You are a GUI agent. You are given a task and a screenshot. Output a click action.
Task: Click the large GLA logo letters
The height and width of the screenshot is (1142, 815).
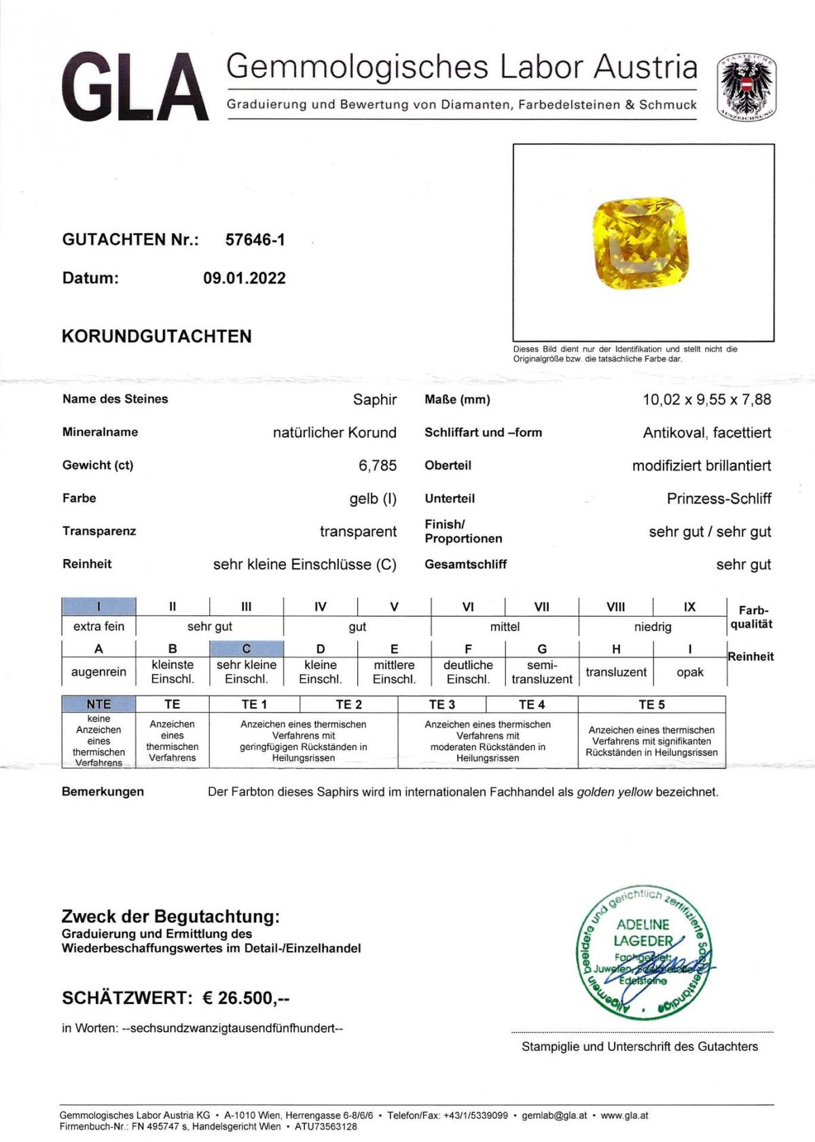[134, 88]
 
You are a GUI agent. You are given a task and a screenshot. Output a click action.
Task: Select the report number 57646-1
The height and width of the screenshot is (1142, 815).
[255, 239]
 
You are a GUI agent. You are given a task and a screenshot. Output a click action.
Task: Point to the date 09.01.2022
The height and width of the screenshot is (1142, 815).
[244, 278]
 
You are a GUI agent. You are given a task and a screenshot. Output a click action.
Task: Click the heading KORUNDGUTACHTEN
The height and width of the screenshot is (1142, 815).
[157, 336]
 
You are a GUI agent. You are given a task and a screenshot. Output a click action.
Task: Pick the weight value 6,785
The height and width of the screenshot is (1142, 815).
[377, 465]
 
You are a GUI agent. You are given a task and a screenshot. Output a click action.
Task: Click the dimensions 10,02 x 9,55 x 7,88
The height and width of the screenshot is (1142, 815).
[706, 399]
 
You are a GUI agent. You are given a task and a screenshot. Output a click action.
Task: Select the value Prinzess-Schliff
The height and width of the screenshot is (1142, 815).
[719, 499]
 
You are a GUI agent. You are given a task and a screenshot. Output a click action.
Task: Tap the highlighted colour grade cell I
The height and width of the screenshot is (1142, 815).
[98, 606]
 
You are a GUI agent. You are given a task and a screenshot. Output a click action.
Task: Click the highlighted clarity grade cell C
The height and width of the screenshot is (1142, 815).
[246, 648]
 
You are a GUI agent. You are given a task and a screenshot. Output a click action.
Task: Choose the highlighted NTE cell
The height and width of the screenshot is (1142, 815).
[98, 704]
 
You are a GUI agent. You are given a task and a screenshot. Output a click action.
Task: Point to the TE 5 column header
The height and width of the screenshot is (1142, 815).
[651, 704]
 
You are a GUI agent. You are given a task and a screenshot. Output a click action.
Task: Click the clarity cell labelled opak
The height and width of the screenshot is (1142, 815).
[689, 672]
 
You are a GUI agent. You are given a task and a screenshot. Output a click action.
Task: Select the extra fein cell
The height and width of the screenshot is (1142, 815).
[98, 626]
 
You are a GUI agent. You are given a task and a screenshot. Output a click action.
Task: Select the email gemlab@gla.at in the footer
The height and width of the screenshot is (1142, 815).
[554, 1116]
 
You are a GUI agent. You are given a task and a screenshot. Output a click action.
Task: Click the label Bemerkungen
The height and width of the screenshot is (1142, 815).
[103, 791]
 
